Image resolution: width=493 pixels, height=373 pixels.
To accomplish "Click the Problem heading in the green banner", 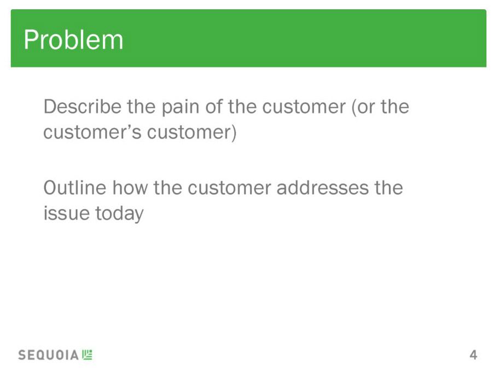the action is pos(73,40).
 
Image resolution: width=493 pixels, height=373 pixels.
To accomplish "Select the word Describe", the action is pos(83,107).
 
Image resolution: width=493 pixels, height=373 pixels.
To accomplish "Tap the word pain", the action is pos(180,107).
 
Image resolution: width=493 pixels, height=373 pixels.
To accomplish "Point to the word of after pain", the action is pos(214,107).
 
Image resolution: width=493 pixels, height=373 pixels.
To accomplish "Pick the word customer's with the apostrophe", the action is pos(92,132).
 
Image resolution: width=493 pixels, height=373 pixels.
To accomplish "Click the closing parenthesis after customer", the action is pos(234,132).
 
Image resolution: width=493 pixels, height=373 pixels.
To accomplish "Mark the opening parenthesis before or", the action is pos(354,107).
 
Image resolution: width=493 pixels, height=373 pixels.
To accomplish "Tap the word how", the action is pos(130,188).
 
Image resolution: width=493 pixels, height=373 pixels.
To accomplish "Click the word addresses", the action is pos(322,188).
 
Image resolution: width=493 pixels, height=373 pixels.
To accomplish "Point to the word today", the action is pos(119,214).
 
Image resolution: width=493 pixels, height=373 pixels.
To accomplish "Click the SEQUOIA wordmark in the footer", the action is pos(48,355).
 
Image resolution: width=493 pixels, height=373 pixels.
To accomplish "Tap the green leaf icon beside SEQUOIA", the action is pos(87,354).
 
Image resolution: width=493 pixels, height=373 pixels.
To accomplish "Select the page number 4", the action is pos(473,355).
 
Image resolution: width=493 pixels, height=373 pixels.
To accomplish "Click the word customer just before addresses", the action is pos(229,189).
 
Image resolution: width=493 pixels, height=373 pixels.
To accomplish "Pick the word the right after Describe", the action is pos(141,107).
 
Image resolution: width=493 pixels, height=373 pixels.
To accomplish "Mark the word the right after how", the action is pos(167,188).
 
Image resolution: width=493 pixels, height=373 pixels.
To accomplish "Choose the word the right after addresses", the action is pos(388,188).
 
